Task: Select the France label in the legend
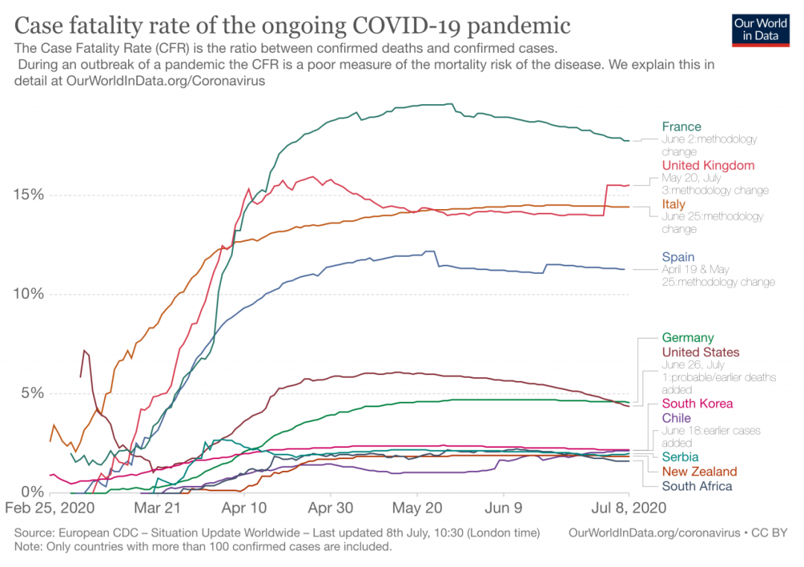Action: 681,126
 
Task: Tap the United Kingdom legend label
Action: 708,165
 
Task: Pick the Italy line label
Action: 674,204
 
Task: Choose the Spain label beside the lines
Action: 678,257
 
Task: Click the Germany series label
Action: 687,338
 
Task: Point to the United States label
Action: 701,352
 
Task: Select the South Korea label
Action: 698,403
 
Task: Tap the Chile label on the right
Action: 676,418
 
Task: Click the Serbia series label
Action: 680,457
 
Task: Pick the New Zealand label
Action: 699,472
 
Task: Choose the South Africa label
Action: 697,486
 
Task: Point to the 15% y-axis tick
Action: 29,195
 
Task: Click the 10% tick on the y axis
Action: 29,294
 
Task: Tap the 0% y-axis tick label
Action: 32,492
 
